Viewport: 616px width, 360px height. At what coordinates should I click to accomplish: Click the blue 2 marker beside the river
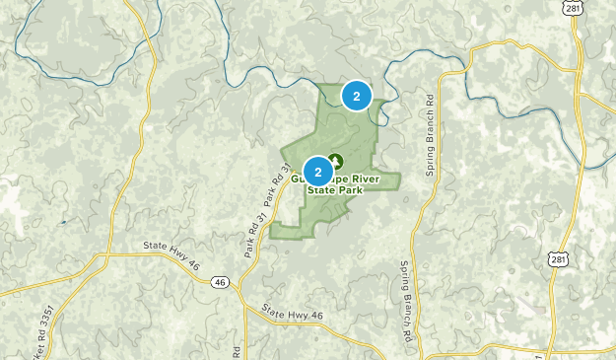coord(357,95)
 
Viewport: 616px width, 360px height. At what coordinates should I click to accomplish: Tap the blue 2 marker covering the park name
coord(317,173)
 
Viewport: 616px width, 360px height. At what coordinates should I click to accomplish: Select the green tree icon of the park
coord(335,160)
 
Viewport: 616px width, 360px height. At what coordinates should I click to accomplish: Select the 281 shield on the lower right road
coord(559,259)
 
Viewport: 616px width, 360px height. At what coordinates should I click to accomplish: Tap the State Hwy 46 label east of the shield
coord(293,315)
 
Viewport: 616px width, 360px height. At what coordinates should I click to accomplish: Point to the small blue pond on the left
coord(61,222)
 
